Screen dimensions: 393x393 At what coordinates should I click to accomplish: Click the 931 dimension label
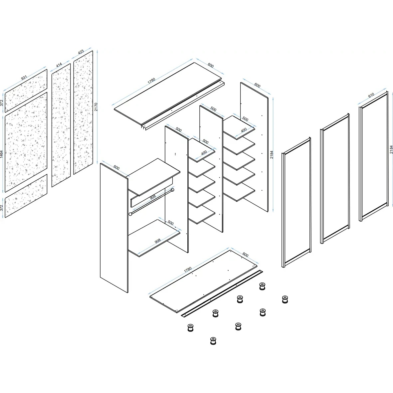[x=24, y=78]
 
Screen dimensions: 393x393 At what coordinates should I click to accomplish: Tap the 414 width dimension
[x=59, y=65]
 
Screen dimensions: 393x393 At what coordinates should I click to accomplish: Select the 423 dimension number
[x=81, y=52]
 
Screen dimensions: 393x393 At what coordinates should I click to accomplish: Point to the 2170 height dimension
[x=96, y=107]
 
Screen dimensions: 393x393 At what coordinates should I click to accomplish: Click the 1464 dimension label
[x=2, y=154]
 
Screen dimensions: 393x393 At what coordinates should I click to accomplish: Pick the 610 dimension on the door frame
[x=371, y=95]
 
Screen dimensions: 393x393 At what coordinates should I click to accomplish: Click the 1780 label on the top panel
[x=151, y=81]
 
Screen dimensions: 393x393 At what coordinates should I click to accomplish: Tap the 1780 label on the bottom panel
[x=188, y=270]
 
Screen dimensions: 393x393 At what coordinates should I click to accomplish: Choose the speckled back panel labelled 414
[x=61, y=125]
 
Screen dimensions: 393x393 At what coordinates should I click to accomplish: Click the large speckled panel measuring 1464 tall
[x=26, y=142]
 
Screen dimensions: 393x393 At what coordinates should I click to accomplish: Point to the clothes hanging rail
[x=151, y=202]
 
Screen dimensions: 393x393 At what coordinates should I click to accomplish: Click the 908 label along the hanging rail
[x=153, y=197]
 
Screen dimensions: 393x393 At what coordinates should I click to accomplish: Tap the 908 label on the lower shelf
[x=158, y=241]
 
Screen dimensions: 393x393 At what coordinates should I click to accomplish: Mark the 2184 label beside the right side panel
[x=272, y=155]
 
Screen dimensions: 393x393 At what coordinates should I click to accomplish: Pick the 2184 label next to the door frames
[x=391, y=150]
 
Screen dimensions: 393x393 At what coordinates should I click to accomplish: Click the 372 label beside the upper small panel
[x=2, y=103]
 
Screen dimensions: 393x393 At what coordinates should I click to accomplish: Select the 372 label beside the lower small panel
[x=2, y=208]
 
